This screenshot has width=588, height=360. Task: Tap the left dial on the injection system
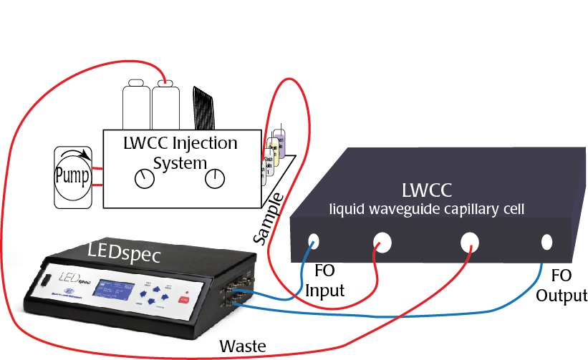coord(145,178)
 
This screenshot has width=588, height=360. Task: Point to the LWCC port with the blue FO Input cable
coord(313,240)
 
